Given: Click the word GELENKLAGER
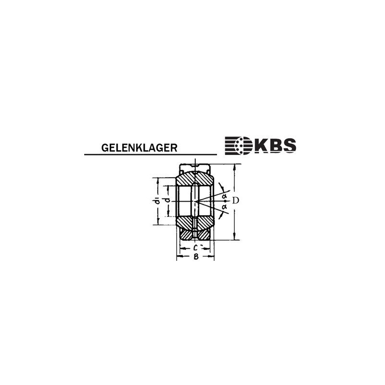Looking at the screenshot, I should [139, 147].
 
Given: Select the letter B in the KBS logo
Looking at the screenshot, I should [274, 145].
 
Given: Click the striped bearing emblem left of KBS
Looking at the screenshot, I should [238, 145].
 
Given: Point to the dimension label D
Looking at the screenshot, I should [235, 200].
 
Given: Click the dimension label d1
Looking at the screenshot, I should [157, 201].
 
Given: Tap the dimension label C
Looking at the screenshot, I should [195, 248].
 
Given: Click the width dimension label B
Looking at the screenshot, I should [195, 257].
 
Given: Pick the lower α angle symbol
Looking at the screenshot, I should [224, 206].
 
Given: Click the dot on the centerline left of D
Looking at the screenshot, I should [225, 201].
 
